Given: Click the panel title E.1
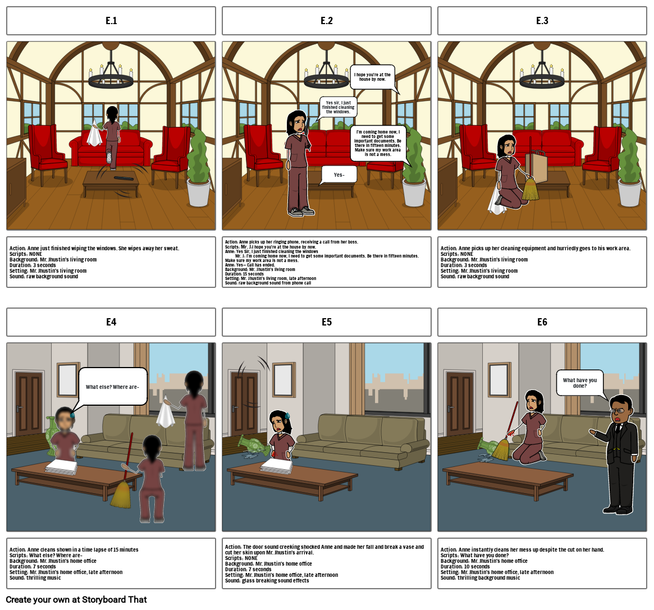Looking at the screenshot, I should pyautogui.click(x=111, y=21).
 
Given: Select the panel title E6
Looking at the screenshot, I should pyautogui.click(x=542, y=322).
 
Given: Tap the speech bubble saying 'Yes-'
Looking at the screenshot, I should pyautogui.click(x=339, y=175).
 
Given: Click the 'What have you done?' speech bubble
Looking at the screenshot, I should pyautogui.click(x=580, y=383).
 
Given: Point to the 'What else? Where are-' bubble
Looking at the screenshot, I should pyautogui.click(x=112, y=387).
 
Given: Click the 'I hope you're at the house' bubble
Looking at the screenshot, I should pyautogui.click(x=372, y=77).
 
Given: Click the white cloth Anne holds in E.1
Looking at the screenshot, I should pyautogui.click(x=94, y=135).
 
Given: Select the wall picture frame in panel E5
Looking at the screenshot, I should pyautogui.click(x=283, y=380).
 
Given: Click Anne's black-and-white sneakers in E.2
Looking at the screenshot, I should pyautogui.click(x=301, y=212).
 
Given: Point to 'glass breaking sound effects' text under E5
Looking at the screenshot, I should pyautogui.click(x=275, y=580).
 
